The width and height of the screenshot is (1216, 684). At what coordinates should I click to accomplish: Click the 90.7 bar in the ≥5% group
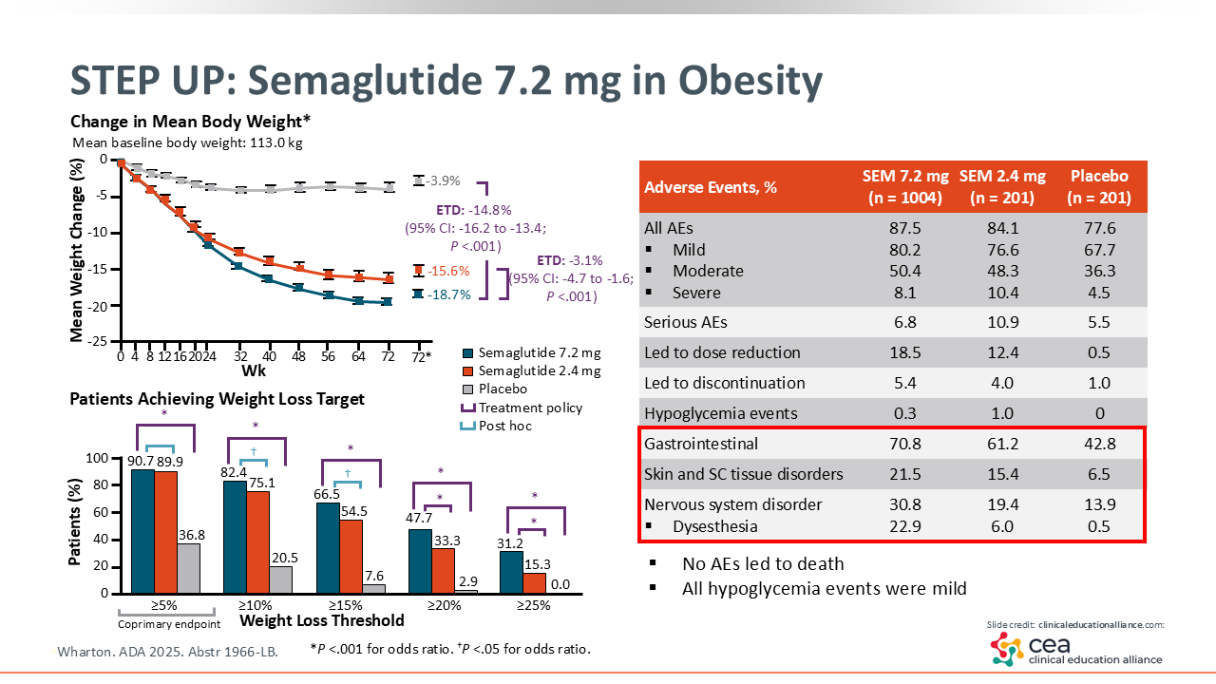tap(142, 532)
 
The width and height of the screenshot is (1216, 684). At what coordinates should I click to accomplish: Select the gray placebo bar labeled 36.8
tap(188, 568)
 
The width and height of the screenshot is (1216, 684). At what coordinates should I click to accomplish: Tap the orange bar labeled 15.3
tap(536, 582)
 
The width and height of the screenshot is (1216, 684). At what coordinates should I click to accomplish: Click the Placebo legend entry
tap(503, 389)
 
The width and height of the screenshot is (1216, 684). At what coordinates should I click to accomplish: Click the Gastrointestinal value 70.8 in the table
tap(902, 444)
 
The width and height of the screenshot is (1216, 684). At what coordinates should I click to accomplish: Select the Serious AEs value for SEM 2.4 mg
tap(1001, 322)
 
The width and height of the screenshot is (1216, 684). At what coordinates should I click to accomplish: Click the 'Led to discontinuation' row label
tap(724, 383)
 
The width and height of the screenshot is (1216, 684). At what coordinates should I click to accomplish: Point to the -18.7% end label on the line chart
tap(448, 294)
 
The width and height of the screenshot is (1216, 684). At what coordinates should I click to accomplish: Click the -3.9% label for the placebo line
tap(443, 180)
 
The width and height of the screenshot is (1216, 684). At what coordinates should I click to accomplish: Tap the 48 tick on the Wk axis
tap(299, 356)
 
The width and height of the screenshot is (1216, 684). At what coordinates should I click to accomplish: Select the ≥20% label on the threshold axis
tap(442, 605)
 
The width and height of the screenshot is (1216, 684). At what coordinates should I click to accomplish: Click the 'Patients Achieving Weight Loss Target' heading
tap(217, 399)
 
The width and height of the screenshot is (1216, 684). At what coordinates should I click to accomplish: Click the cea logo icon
tap(1007, 649)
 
